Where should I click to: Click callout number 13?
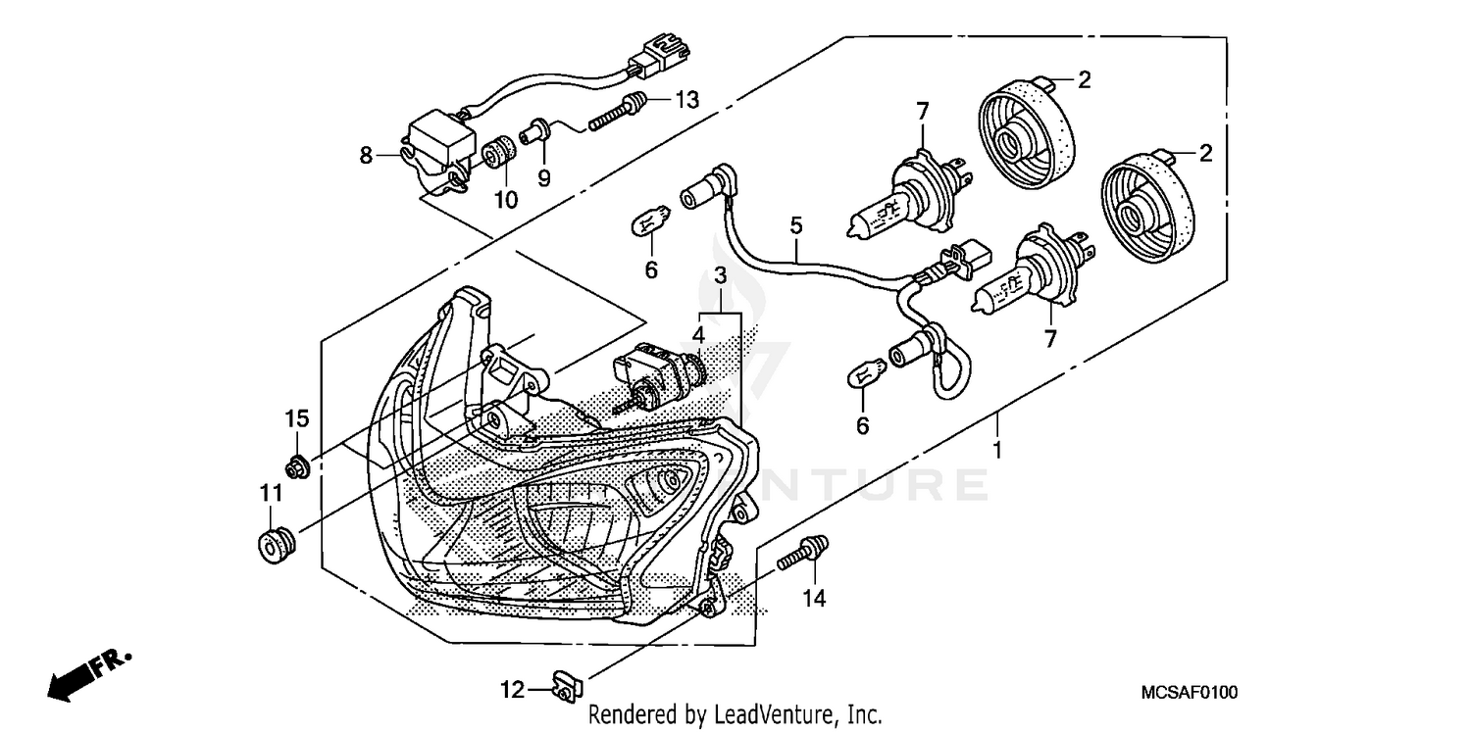(x=686, y=99)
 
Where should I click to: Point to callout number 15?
(x=297, y=418)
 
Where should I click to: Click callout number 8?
(x=367, y=155)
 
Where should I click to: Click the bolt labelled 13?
(x=618, y=113)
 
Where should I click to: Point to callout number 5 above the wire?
(x=796, y=226)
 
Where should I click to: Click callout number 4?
(x=698, y=334)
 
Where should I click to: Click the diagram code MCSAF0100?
(x=1190, y=693)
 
